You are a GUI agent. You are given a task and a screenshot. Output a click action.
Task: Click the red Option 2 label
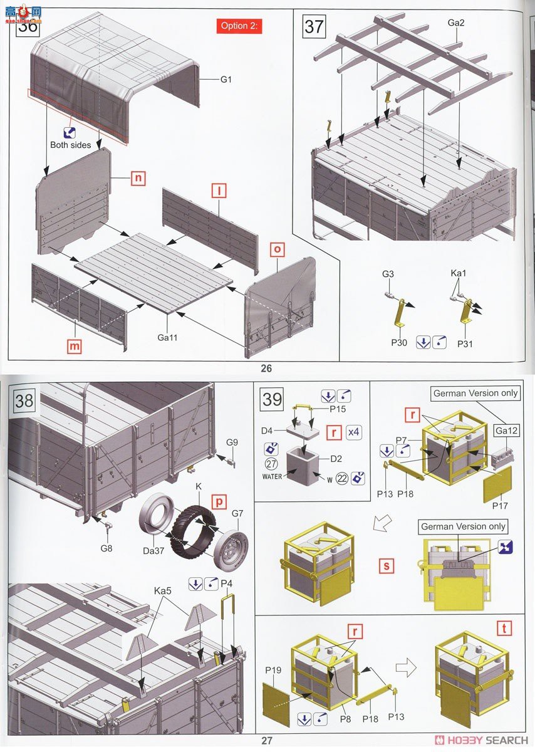(x=239, y=26)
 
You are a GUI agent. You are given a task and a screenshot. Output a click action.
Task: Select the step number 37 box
(x=314, y=27)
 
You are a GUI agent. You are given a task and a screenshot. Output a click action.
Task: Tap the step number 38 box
(x=24, y=400)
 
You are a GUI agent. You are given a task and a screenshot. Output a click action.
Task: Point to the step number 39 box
(x=272, y=399)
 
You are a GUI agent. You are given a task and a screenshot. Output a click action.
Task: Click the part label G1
(x=226, y=80)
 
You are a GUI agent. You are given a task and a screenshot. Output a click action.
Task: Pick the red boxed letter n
(x=138, y=178)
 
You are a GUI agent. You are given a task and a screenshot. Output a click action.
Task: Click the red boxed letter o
(x=278, y=248)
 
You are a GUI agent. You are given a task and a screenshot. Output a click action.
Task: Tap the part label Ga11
(x=167, y=337)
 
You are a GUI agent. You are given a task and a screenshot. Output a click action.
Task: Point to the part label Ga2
(x=457, y=23)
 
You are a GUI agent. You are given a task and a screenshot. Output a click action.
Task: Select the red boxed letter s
(x=387, y=567)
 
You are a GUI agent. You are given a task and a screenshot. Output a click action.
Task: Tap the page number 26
(x=267, y=368)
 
